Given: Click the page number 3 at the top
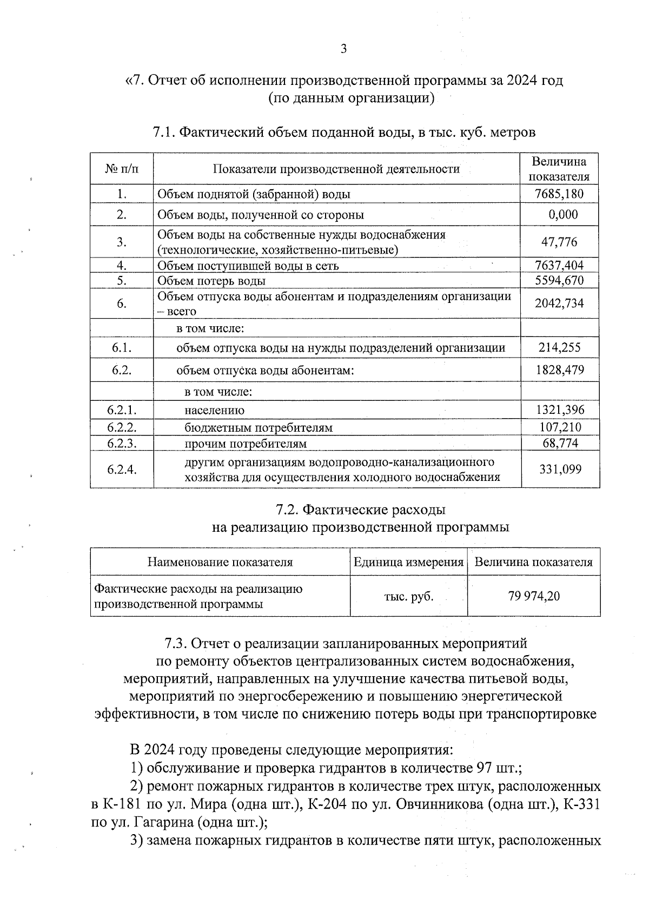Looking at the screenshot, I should (343, 49).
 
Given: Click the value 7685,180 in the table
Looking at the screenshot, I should (559, 194).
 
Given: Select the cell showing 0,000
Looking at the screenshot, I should (563, 215).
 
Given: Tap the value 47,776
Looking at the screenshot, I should (559, 242).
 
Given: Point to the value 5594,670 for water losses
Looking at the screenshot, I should (559, 280).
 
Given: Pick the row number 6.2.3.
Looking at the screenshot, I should (122, 444).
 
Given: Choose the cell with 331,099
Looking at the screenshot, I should (560, 469).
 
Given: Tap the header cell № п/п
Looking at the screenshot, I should (122, 169).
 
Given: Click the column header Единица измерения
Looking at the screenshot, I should (409, 562).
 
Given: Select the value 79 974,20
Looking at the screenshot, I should (534, 596).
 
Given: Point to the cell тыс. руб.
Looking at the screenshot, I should (409, 597).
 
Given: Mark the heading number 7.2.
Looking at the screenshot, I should (287, 510).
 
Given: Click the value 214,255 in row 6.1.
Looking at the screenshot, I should (559, 348).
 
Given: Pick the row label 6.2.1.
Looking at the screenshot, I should (122, 410).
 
